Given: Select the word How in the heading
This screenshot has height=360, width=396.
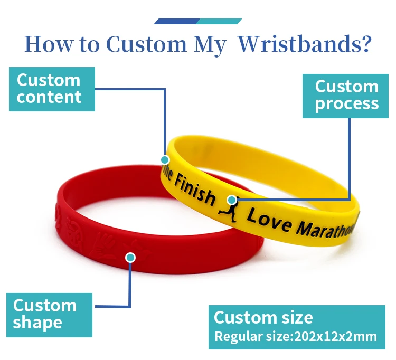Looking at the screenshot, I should [x=46, y=44].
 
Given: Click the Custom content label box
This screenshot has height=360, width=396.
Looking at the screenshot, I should [x=52, y=89].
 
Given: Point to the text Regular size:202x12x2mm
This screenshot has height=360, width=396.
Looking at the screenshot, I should [x=296, y=337].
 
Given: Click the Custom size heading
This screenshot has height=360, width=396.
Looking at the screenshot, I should [x=263, y=317].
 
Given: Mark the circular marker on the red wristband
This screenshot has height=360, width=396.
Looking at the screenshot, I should [x=130, y=258].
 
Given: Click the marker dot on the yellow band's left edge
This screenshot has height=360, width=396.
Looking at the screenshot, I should [x=165, y=159].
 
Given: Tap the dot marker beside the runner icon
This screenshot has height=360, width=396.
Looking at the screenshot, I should [x=231, y=200].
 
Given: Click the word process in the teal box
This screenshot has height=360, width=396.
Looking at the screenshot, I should [x=347, y=103].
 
